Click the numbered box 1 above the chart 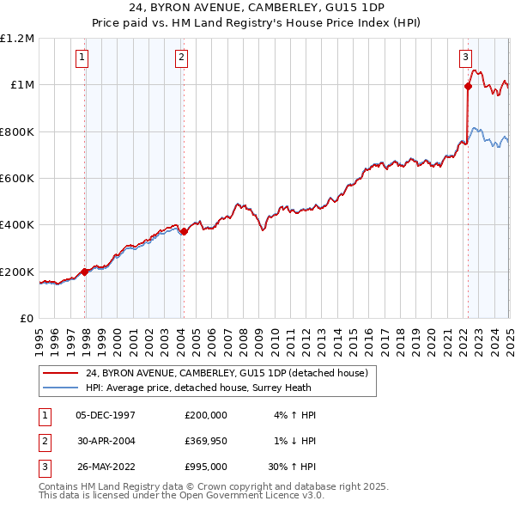tap(82, 58)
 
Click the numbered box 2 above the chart tap(182, 58)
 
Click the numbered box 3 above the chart tap(465, 58)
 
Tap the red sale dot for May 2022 tap(468, 86)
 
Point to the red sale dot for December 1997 tap(85, 272)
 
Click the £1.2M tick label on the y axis tap(17, 39)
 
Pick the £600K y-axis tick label tap(17, 179)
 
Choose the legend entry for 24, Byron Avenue tap(227, 373)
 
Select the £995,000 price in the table tap(205, 467)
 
